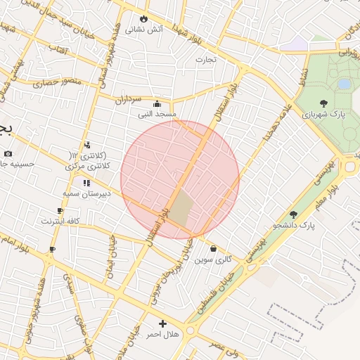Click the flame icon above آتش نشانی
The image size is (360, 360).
click(x=144, y=18)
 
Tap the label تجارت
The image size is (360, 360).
click(x=207, y=59)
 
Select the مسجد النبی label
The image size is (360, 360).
click(x=157, y=113)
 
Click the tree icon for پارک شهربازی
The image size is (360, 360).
click(x=323, y=103)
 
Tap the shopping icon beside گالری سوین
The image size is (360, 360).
click(x=212, y=248)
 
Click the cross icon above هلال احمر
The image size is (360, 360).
click(x=163, y=324)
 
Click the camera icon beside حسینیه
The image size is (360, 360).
click(x=8, y=153)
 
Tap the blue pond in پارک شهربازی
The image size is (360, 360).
click(x=344, y=84)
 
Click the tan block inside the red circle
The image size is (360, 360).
click(x=181, y=209)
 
